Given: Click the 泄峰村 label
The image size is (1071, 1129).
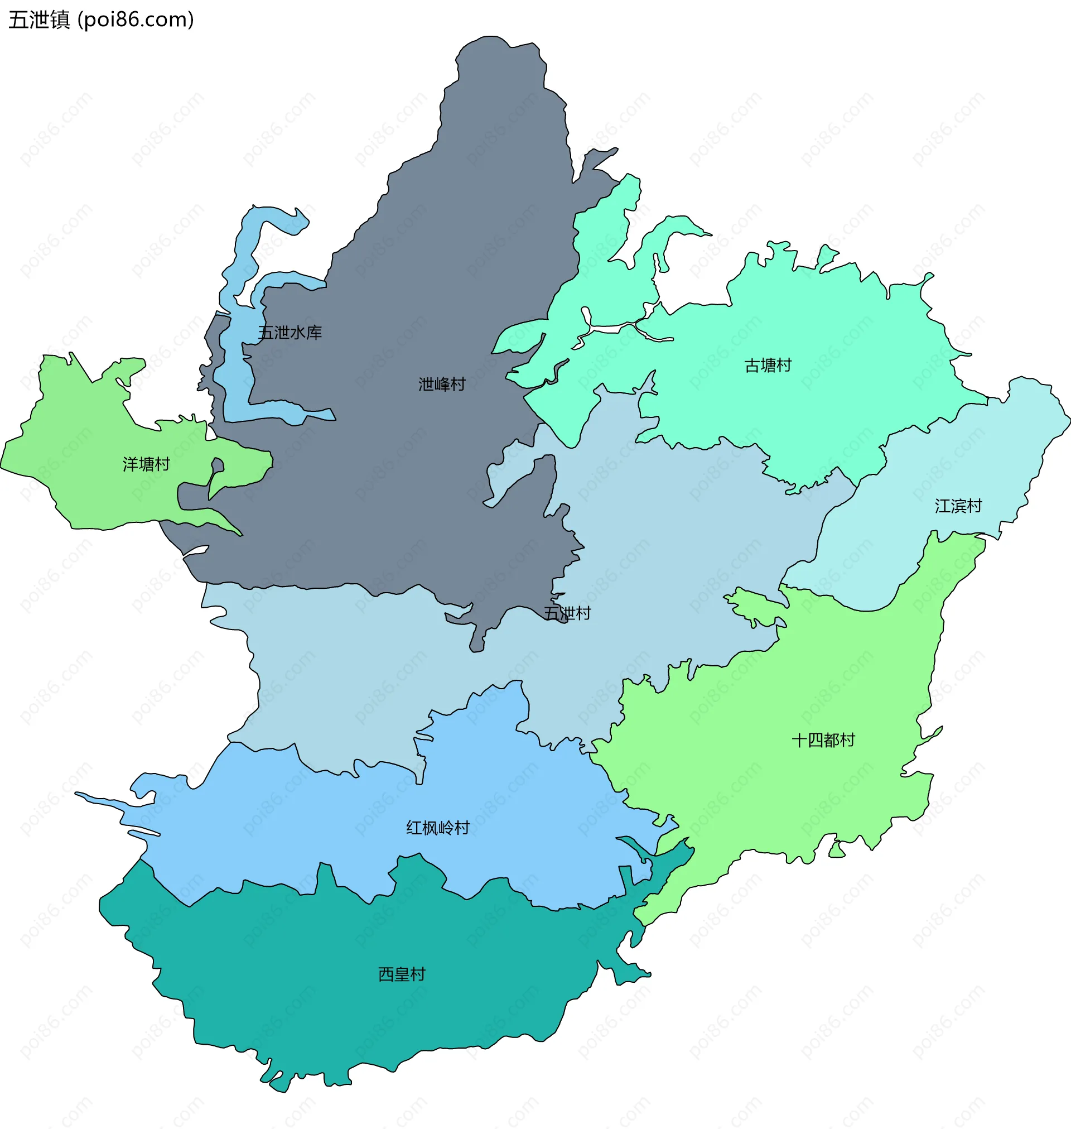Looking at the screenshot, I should tap(441, 385).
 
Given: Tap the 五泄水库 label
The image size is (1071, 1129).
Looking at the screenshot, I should tap(290, 333).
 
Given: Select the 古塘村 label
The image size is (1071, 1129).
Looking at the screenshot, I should tap(768, 366).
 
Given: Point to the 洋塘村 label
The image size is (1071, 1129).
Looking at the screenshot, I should tap(146, 464).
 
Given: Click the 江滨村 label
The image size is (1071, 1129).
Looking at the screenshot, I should tap(958, 506).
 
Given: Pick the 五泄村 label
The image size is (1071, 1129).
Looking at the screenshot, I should tap(567, 613).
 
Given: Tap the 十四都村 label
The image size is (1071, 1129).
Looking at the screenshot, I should tap(823, 741).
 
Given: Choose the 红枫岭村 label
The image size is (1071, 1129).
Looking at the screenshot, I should tap(437, 828).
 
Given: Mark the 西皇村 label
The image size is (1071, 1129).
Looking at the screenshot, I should tap(402, 974).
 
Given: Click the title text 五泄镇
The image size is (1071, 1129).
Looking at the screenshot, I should tap(39, 20).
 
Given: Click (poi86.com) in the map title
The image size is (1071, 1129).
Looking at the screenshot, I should tap(136, 20).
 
